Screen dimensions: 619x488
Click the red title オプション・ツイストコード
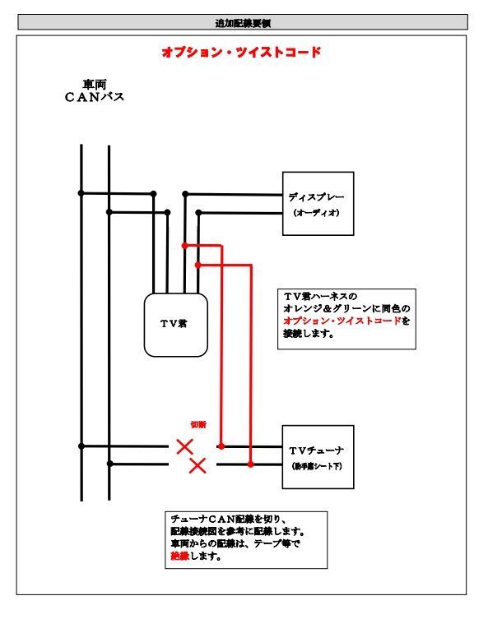click(241, 52)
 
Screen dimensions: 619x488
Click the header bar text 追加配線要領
click(242, 21)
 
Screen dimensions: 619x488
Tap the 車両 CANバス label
click(94, 90)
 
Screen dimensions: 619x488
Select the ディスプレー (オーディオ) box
click(318, 206)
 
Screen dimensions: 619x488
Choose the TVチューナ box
click(318, 458)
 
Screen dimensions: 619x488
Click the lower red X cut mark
click(198, 466)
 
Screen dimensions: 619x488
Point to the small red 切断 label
click(198, 424)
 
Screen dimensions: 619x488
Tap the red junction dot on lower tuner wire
click(251, 464)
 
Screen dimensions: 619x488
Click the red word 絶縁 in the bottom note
click(182, 557)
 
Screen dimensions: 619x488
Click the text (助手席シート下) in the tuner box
click(317, 466)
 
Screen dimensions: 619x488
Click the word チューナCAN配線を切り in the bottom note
click(227, 520)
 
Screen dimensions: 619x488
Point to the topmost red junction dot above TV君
click(185, 245)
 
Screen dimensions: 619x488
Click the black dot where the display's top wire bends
click(185, 194)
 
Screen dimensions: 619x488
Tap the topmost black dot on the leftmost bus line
click(81, 193)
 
